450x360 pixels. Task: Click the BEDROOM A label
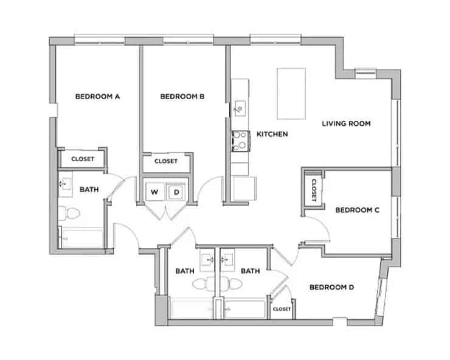click(x=97, y=96)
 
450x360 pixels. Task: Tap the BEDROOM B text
click(x=182, y=96)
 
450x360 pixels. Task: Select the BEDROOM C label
click(x=358, y=210)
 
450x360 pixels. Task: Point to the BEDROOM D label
click(x=331, y=288)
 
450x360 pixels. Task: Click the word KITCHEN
click(x=272, y=134)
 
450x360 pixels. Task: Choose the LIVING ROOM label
click(x=346, y=123)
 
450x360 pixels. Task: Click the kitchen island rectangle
click(x=291, y=94)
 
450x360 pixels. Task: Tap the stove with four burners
click(x=240, y=140)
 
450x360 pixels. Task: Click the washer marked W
click(x=155, y=192)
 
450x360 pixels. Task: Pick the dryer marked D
click(x=176, y=192)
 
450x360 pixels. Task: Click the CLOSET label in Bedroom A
click(x=83, y=159)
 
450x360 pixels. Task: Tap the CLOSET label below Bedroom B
click(x=165, y=161)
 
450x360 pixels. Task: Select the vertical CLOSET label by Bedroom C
click(x=314, y=190)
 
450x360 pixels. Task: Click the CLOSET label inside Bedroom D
click(x=282, y=309)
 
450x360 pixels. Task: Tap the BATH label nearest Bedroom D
click(x=250, y=271)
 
